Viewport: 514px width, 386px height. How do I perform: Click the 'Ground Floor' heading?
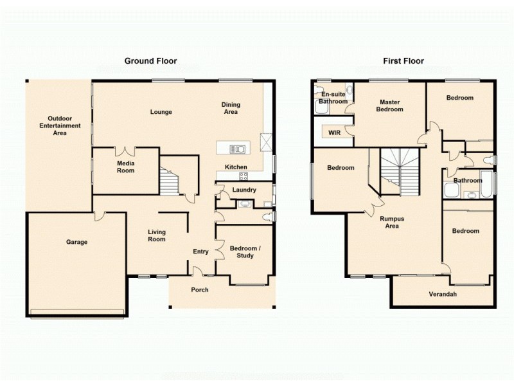(x=150, y=61)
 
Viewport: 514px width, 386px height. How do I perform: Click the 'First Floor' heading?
(x=403, y=61)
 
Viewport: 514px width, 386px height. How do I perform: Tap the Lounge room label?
(x=161, y=112)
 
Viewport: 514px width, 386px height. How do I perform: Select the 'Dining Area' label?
(x=231, y=108)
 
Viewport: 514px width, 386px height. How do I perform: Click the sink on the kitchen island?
(x=237, y=149)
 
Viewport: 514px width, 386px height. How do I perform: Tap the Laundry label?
(x=244, y=190)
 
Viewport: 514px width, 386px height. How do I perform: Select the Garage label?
(x=76, y=243)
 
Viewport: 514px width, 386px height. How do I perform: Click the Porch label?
(x=200, y=289)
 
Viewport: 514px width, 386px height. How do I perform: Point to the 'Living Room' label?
(x=156, y=235)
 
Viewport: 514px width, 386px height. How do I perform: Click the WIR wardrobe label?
(x=334, y=133)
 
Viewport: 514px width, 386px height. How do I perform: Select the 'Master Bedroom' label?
(x=390, y=106)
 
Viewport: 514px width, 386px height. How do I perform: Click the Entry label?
(x=200, y=252)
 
